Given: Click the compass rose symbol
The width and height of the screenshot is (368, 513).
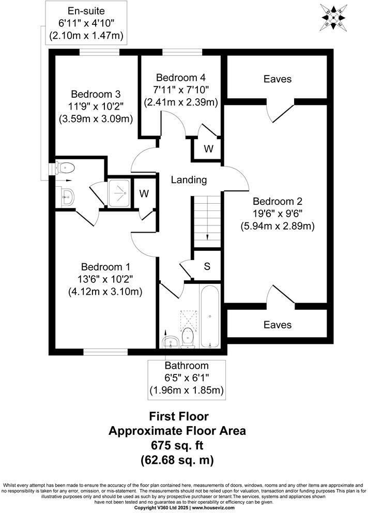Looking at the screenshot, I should pos(334,16).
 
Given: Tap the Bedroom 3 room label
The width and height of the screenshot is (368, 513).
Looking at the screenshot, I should pos(96,95).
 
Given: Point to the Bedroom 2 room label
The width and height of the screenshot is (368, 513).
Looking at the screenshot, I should pos(278,202).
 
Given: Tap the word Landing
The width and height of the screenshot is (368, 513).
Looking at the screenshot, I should pos(189,180).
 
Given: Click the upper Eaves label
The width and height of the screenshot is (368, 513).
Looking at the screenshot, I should pos(278,79).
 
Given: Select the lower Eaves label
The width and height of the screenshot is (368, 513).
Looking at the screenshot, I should pos(278,325).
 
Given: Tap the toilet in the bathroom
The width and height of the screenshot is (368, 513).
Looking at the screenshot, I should pos(189,336).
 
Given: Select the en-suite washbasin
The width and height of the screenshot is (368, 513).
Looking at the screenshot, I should pos(67,196).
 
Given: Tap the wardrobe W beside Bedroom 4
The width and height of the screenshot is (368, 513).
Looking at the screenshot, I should pos(208,149).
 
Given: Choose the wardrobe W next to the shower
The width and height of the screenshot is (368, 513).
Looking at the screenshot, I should pos(145,193).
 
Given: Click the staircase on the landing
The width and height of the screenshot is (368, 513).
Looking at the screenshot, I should pos(207,219).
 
